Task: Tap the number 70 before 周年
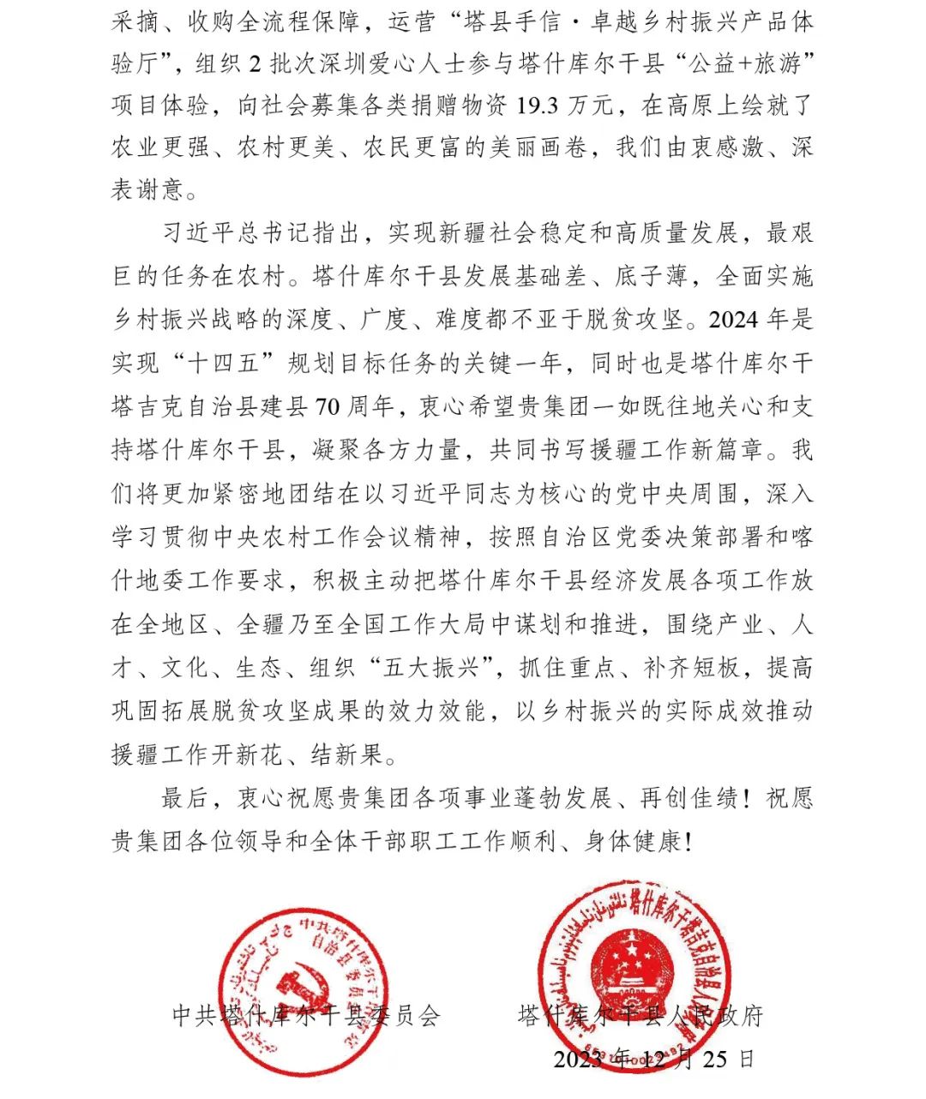(328, 406)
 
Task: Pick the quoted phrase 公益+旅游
(738, 63)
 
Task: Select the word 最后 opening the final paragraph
(185, 799)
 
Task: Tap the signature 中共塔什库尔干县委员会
(306, 1016)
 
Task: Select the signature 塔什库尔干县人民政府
(640, 1016)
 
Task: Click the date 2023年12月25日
(653, 1060)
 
